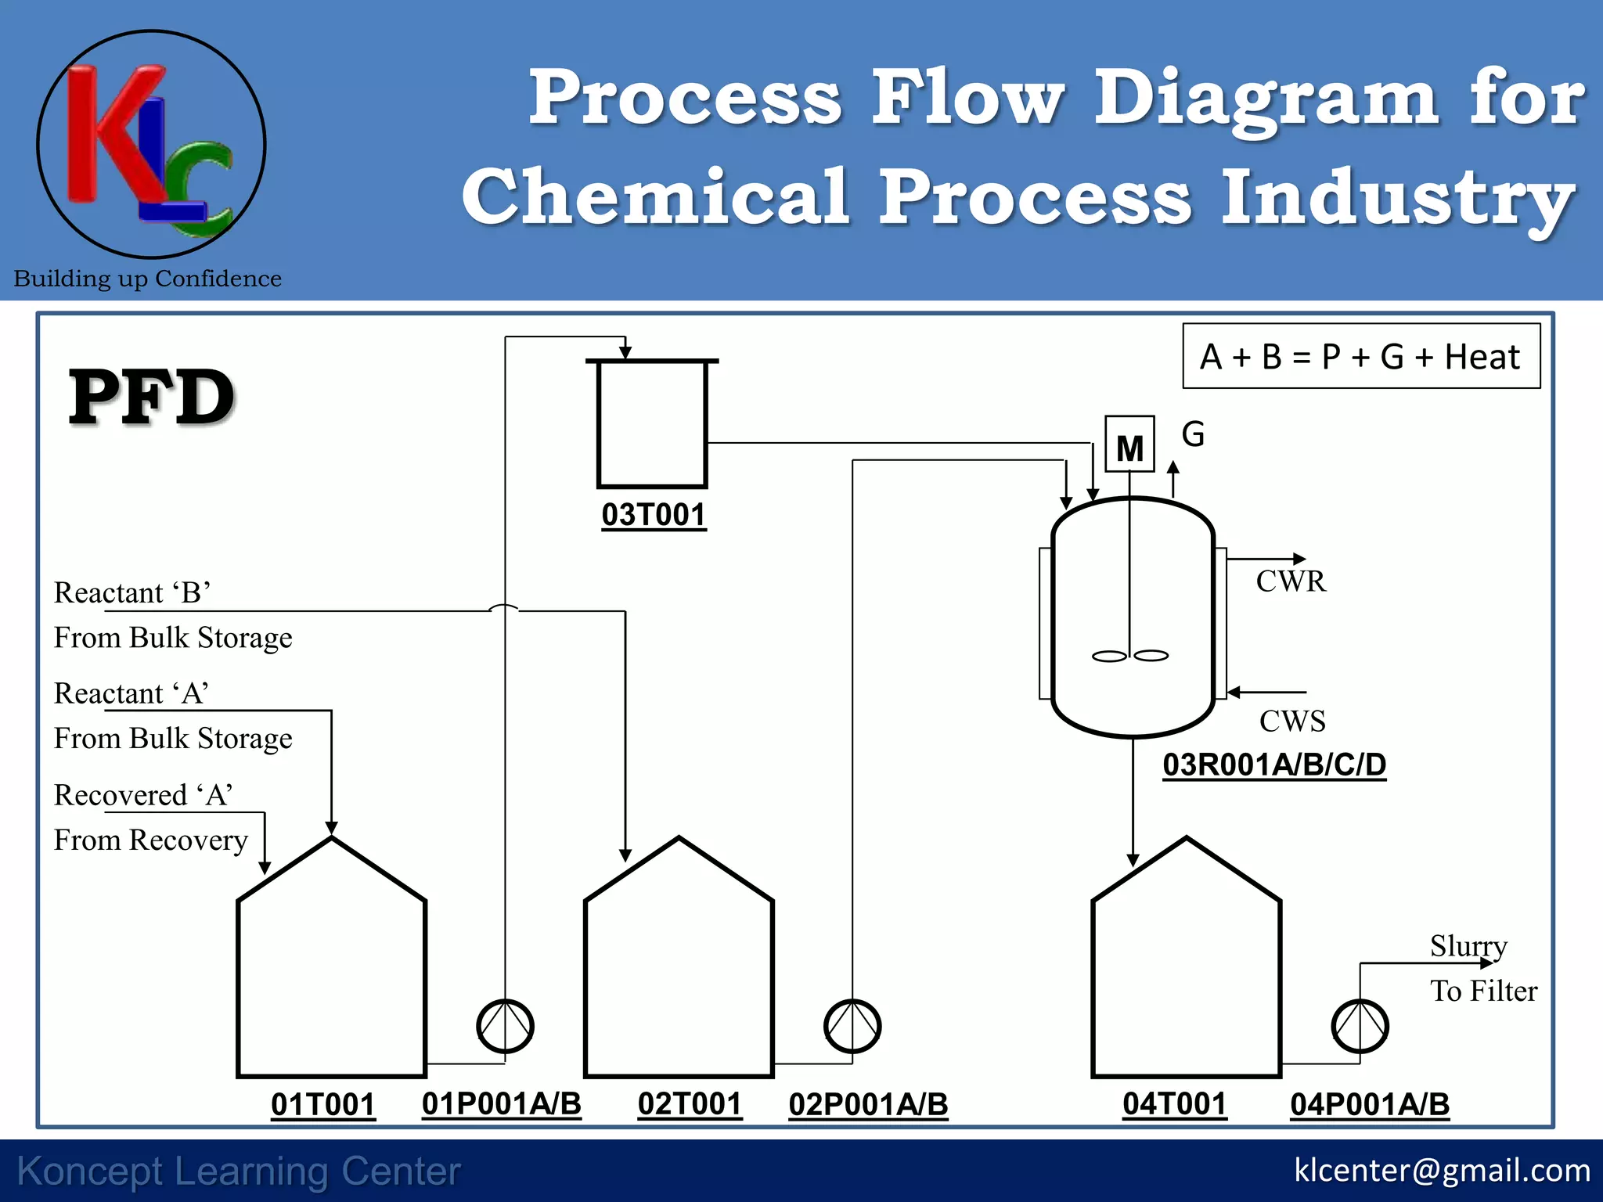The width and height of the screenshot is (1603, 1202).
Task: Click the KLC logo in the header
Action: pyautogui.click(x=151, y=145)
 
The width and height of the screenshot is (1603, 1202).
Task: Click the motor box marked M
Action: pyautogui.click(x=1129, y=444)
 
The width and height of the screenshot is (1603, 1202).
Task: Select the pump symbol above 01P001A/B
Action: pyautogui.click(x=505, y=1026)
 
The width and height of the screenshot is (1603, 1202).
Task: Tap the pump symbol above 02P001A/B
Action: pyautogui.click(x=852, y=1026)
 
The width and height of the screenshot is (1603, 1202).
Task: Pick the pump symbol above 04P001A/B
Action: pyautogui.click(x=1360, y=1026)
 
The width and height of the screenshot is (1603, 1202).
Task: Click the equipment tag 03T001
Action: pyautogui.click(x=654, y=515)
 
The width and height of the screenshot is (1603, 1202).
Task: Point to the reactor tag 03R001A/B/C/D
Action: pyautogui.click(x=1274, y=765)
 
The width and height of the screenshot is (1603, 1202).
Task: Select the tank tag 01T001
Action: pyautogui.click(x=322, y=1104)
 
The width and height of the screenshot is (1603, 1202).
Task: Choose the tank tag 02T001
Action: pyautogui.click(x=690, y=1104)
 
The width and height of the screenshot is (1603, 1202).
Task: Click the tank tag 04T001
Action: pyautogui.click(x=1174, y=1104)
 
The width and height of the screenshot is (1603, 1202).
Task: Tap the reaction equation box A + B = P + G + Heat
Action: pyautogui.click(x=1360, y=357)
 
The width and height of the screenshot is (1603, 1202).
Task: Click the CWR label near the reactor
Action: pyautogui.click(x=1291, y=581)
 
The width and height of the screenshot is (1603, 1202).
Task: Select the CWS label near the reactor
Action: pyautogui.click(x=1292, y=721)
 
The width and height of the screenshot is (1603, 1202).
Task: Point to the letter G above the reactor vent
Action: pyautogui.click(x=1193, y=434)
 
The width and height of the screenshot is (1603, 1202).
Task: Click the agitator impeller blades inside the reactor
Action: pyautogui.click(x=1130, y=656)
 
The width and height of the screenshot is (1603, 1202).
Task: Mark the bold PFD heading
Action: pyautogui.click(x=152, y=398)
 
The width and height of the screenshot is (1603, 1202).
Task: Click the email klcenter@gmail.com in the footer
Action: pyautogui.click(x=1442, y=1171)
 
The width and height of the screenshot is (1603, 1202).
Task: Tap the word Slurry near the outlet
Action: pyautogui.click(x=1468, y=946)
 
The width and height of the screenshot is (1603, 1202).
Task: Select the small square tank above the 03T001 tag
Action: pyautogui.click(x=652, y=423)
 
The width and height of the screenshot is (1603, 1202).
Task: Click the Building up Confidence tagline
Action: pyautogui.click(x=148, y=279)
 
